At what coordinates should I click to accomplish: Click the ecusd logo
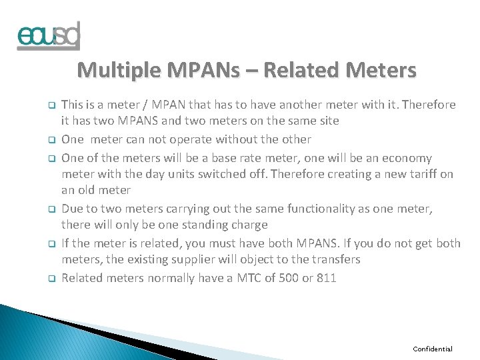coord(48,36)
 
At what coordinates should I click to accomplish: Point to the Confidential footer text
coord(432,349)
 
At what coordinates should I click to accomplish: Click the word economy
coord(409,158)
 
